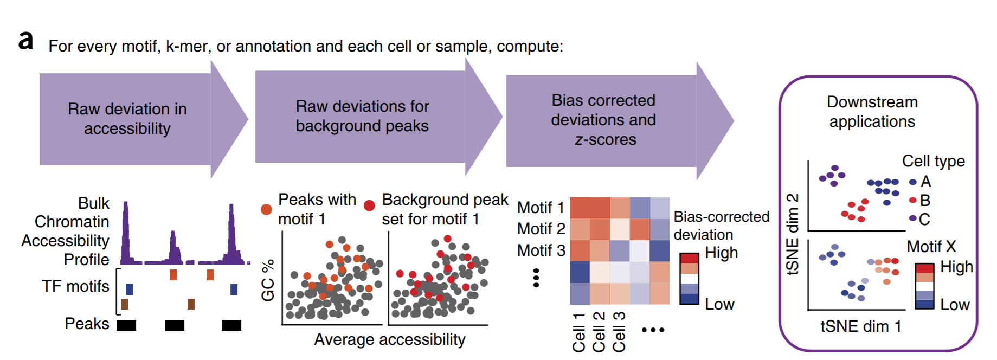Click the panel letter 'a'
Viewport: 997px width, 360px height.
[25, 41]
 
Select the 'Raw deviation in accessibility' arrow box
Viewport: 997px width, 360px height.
[127, 119]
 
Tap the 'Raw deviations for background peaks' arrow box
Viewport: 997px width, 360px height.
[362, 116]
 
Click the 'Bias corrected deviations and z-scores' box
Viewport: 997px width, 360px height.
[603, 120]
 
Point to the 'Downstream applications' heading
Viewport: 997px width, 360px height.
[872, 112]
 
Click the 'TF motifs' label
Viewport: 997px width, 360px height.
[75, 286]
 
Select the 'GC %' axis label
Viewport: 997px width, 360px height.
[268, 280]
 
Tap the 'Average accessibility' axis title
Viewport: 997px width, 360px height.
[389, 339]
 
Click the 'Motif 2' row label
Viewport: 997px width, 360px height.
[541, 229]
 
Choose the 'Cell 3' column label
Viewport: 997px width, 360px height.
[619, 332]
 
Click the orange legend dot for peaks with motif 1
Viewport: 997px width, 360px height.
[266, 209]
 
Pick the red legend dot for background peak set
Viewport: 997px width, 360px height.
[369, 205]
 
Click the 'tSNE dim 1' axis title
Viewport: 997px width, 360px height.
[860, 326]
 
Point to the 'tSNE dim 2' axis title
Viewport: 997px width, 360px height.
[793, 234]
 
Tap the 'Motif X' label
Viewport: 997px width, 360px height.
[931, 247]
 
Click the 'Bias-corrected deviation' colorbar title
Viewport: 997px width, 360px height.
[721, 226]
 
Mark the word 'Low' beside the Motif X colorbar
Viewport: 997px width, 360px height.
[954, 305]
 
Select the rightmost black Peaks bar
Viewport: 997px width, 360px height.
[231, 325]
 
